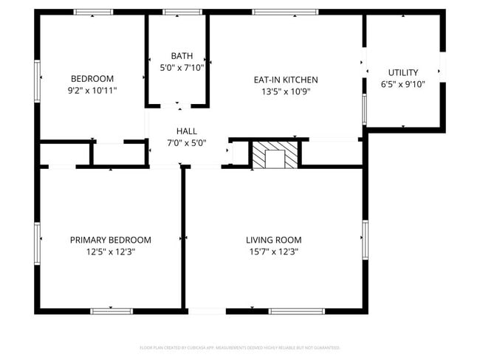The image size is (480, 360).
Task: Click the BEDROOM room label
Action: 92,79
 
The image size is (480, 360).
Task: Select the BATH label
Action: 182,56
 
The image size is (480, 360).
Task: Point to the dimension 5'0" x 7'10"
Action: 182,67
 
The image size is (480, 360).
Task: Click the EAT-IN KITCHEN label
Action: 285,80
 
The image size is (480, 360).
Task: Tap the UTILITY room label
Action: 403,72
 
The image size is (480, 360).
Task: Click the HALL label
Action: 186,131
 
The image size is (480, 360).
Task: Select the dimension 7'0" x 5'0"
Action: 186,142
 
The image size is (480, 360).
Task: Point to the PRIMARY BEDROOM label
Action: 111,240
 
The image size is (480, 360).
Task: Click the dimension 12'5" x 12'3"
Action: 111,252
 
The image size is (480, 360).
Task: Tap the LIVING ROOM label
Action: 273,240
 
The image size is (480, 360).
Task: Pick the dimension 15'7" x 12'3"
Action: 273,252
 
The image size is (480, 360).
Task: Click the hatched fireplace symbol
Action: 275,154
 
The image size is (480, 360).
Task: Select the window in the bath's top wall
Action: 177,12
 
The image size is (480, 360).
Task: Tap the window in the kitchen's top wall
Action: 285,12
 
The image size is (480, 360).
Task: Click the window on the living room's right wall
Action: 364,240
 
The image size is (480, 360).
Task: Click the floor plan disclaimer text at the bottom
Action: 240,347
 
